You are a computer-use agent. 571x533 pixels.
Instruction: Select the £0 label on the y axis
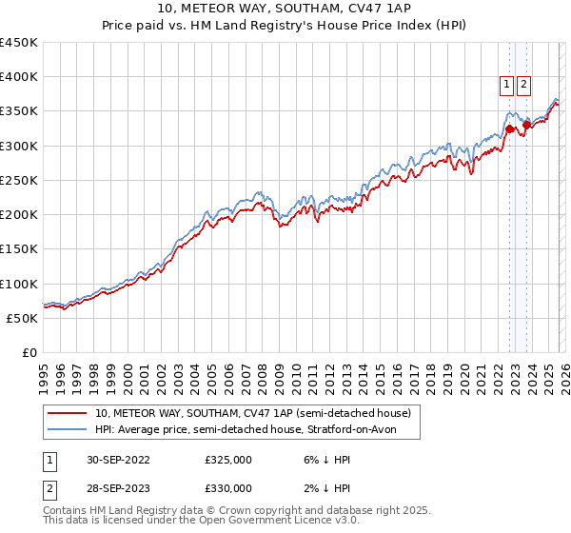(29, 352)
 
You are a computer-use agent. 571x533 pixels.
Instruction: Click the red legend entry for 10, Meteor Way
(252, 413)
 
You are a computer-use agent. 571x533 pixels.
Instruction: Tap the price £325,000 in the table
(228, 460)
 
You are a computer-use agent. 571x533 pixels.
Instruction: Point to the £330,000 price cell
(228, 488)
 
